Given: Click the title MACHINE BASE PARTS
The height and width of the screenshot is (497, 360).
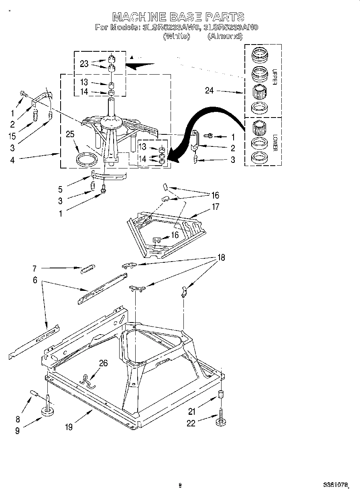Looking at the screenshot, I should (178, 17).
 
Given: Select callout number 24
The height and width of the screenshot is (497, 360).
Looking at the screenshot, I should (209, 91).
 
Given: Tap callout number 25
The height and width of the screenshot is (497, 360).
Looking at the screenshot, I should (70, 134).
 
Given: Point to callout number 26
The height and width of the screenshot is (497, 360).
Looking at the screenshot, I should (103, 363).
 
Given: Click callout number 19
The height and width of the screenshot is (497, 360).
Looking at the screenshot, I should (69, 427).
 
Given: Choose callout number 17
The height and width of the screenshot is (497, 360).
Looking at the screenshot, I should (216, 207).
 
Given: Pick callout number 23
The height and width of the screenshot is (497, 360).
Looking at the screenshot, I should (84, 63).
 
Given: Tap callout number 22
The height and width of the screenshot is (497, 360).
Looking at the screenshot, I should (191, 423).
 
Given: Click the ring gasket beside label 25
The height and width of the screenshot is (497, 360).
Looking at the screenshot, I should (87, 159).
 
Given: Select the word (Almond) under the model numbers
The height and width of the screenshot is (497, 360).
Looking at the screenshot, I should (225, 36).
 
